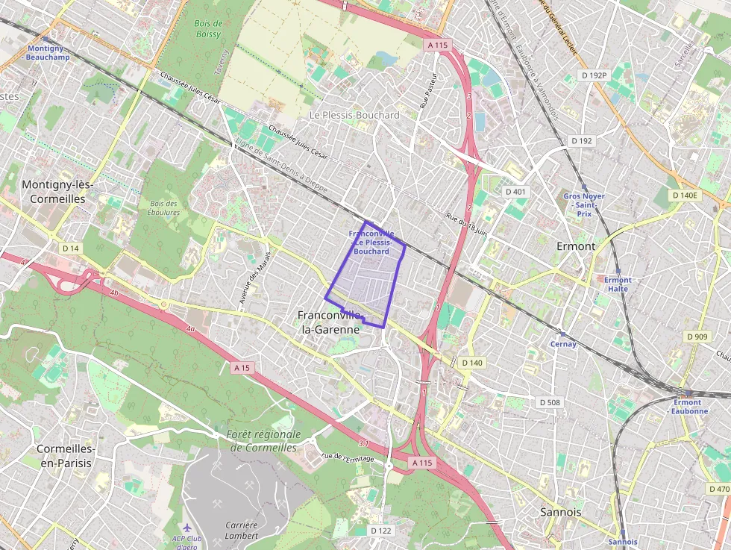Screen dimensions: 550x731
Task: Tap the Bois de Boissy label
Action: tap(207, 28)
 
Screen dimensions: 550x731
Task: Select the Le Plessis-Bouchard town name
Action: tap(354, 115)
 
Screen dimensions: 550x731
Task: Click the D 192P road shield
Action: tap(594, 75)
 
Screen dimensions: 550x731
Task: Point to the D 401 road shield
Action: tap(515, 192)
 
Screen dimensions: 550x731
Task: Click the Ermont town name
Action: tap(576, 246)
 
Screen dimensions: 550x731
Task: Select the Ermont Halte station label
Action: tap(618, 284)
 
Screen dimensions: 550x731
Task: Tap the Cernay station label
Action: tap(563, 344)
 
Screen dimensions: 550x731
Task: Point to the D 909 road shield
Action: tap(696, 337)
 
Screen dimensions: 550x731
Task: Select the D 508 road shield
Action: tap(549, 402)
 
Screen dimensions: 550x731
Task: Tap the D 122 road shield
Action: tap(380, 531)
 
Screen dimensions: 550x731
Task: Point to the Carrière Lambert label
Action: tap(242, 530)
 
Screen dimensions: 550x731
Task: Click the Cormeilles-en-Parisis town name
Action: tap(66, 456)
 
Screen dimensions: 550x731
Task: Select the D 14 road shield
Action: tap(71, 248)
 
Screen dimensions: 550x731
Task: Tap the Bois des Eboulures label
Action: tap(164, 207)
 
